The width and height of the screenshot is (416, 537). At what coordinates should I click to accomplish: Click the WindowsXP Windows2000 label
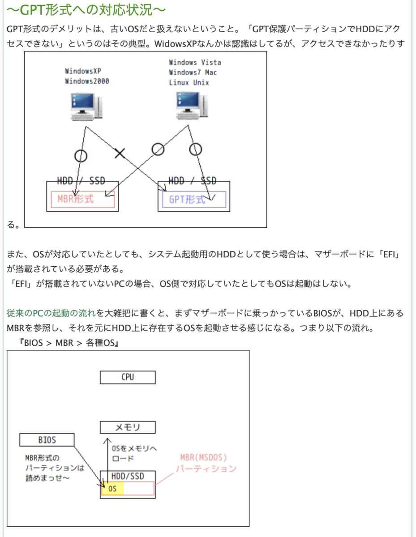click(87, 76)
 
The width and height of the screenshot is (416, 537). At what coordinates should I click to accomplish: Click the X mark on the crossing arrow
click(119, 153)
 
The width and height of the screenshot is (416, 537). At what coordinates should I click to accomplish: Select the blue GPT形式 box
click(192, 200)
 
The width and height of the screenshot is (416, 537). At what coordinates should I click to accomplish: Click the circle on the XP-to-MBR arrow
click(80, 155)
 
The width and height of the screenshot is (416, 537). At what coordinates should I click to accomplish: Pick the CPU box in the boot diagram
click(128, 377)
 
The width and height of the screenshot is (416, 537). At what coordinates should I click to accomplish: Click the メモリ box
click(128, 427)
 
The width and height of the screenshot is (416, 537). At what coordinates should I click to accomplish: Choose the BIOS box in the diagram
click(47, 440)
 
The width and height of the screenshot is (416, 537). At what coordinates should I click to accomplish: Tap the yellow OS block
click(112, 489)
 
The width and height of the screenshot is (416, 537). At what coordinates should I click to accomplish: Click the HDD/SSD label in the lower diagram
click(128, 476)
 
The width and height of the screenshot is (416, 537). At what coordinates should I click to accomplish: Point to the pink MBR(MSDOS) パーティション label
click(206, 463)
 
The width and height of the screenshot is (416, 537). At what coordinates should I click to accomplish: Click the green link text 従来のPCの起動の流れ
click(51, 313)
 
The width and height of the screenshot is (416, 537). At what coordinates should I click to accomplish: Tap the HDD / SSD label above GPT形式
click(193, 181)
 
